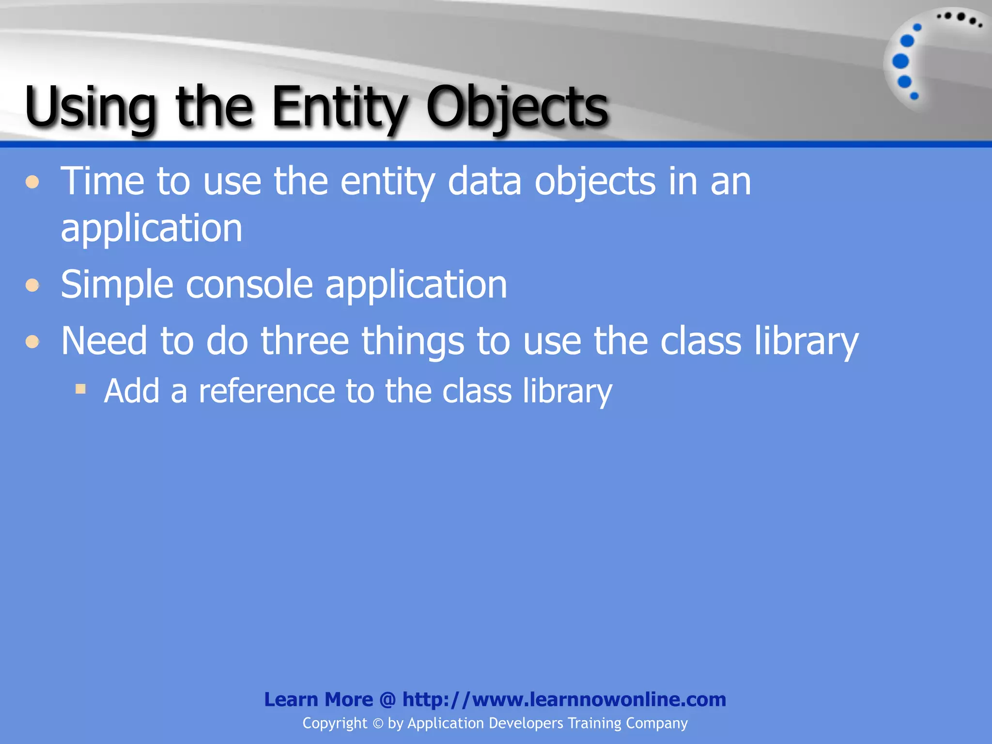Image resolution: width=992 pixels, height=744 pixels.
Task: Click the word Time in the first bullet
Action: (102, 181)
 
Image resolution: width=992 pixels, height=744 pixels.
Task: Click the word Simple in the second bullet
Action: (117, 285)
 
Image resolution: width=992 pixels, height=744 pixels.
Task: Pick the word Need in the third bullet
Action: (104, 341)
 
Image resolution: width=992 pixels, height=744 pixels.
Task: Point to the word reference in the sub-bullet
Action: (266, 391)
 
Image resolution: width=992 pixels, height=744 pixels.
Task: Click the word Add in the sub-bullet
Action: (132, 391)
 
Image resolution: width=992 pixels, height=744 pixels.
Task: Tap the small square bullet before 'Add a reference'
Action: (81, 388)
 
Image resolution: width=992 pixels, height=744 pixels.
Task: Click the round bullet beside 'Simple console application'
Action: (32, 285)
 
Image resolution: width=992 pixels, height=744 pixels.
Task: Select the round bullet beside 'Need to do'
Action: (32, 342)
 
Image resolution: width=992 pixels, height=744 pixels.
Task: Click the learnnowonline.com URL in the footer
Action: (564, 699)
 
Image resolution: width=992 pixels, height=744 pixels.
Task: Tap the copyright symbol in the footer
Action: (378, 724)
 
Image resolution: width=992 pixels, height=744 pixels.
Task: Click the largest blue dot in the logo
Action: (900, 62)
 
